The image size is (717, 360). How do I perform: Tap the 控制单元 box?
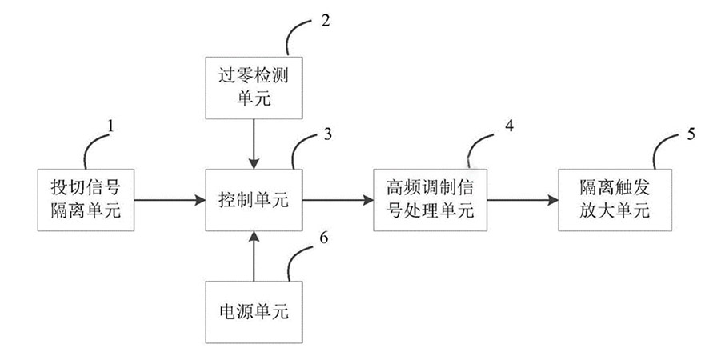pyautogui.click(x=254, y=201)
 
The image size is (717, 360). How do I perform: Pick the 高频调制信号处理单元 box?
pyautogui.click(x=427, y=201)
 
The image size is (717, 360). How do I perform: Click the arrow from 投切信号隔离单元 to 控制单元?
pyautogui.click(x=163, y=201)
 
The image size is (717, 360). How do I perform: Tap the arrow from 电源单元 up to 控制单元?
pyautogui.click(x=254, y=255)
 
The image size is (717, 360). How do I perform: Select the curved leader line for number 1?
pyautogui.click(x=89, y=148)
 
